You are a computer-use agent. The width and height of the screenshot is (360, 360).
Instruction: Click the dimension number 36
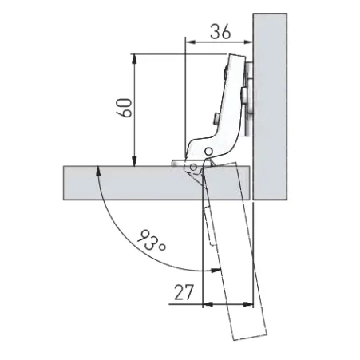click(220, 31)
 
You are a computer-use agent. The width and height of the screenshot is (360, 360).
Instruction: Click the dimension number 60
click(124, 108)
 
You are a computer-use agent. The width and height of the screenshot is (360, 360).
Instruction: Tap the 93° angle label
click(151, 240)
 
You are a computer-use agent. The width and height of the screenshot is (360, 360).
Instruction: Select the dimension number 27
click(184, 292)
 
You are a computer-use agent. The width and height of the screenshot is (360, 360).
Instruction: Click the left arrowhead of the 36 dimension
click(190, 42)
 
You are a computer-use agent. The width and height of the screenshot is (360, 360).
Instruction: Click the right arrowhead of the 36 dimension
click(247, 42)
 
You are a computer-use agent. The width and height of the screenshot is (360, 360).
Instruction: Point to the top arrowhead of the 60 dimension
click(135, 59)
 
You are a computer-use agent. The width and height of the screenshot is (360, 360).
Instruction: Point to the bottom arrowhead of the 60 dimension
click(135, 161)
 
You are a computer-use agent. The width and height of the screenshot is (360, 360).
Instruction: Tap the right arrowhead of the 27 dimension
click(248, 304)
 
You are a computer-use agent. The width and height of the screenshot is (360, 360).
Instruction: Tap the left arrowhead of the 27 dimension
click(208, 304)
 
